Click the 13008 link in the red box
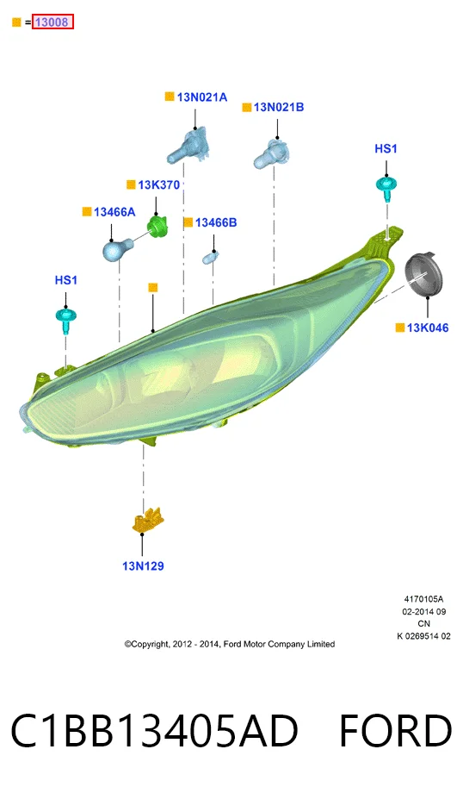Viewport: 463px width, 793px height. point(52,22)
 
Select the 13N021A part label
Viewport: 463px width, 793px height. point(202,97)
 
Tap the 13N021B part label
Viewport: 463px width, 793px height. point(279,107)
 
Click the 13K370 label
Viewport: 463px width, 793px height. point(158,185)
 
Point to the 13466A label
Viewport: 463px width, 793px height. point(114,212)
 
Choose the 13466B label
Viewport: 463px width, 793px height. point(216,222)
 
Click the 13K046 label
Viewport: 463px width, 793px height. point(428,328)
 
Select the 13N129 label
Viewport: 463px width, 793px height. point(143,566)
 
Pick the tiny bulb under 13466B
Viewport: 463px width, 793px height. point(209,259)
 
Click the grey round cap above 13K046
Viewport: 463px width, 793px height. point(423,276)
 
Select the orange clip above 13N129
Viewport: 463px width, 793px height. point(147,521)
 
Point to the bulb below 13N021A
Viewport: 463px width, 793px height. point(188,146)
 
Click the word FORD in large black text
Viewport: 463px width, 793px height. point(395,731)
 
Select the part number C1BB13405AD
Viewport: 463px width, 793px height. point(155,731)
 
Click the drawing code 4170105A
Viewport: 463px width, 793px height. point(423,599)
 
